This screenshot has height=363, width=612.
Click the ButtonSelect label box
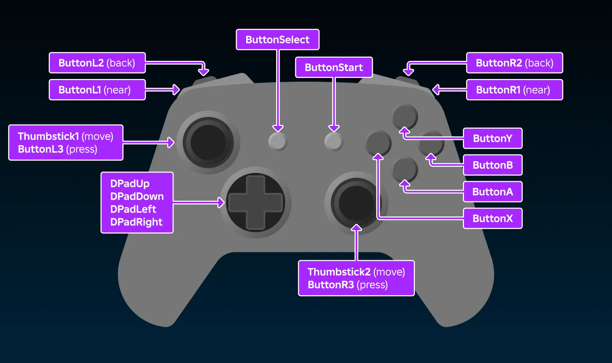point(278,40)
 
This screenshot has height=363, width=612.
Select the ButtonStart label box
point(334,67)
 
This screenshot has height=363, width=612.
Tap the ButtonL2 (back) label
point(97,63)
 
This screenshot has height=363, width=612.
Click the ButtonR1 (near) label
point(514,90)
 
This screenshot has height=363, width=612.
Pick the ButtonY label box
point(492,138)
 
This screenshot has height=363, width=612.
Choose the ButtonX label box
point(492,218)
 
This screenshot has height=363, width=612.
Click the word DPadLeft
point(133,209)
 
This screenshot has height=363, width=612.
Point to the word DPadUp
point(130,184)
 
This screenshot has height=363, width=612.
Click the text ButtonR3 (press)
point(348,285)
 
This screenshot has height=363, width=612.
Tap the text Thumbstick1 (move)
point(65,136)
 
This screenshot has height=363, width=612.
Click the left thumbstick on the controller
point(209,142)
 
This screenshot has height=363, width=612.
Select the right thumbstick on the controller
point(356,203)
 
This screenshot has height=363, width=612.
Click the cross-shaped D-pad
point(255,202)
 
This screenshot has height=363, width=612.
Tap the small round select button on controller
point(278,141)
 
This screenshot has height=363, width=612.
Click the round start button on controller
point(333,141)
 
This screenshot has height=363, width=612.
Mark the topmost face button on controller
point(405,116)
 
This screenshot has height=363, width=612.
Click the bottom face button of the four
point(405,169)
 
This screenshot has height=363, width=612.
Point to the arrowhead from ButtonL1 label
point(176,90)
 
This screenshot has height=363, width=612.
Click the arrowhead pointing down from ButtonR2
point(408,72)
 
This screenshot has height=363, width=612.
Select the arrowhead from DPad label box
point(221,202)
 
